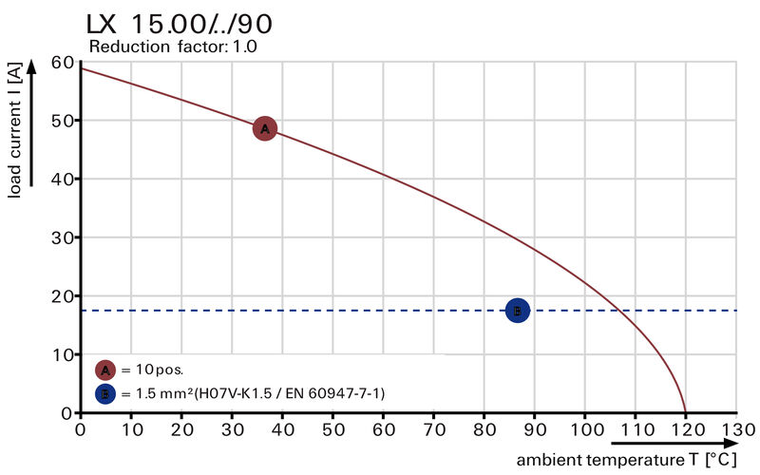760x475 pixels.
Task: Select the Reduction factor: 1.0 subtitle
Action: point(172,46)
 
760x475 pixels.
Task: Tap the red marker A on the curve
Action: point(264,128)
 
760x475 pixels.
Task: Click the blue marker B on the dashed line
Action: point(517,310)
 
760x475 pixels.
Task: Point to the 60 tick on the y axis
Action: point(62,63)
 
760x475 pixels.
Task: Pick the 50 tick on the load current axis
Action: point(62,121)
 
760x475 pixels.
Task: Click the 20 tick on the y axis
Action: point(62,296)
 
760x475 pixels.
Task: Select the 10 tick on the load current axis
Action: point(62,354)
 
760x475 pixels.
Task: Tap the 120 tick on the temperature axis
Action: point(686,429)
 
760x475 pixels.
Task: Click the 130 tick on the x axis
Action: point(736,429)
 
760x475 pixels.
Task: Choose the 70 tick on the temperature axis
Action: point(433,429)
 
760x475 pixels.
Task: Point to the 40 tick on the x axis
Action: point(282,429)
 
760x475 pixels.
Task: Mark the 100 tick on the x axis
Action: point(584,429)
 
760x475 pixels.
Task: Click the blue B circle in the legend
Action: point(105,393)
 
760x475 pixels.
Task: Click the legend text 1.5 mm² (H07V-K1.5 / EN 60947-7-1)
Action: point(253,393)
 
